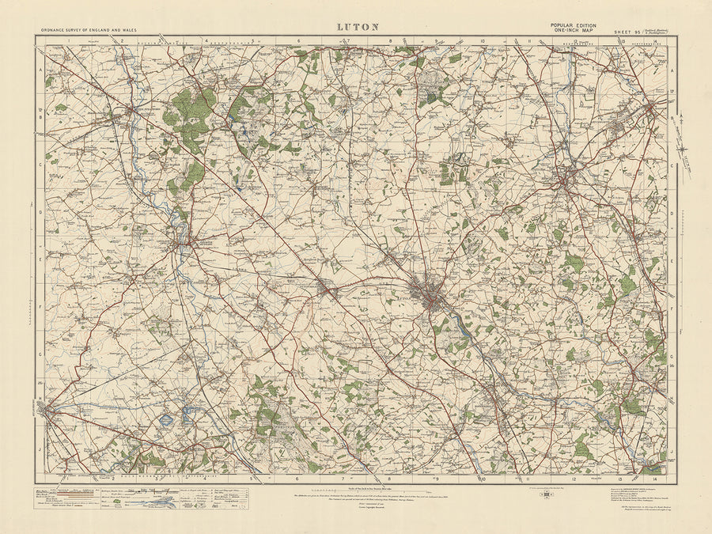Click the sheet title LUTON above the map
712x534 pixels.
click(x=358, y=26)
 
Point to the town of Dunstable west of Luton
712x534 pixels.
click(x=328, y=292)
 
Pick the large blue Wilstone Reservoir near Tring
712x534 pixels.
click(x=166, y=420)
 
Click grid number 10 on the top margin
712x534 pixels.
click(x=482, y=40)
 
